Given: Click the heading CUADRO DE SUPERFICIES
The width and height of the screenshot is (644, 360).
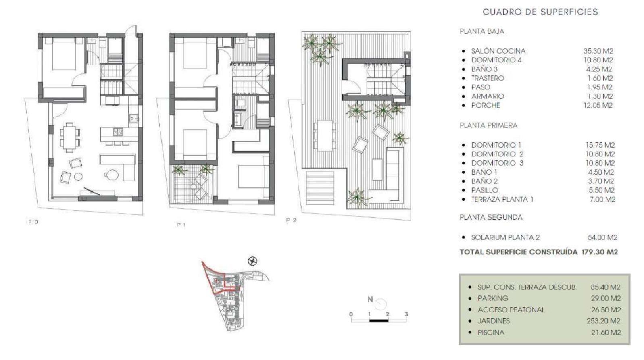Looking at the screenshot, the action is coord(540,12).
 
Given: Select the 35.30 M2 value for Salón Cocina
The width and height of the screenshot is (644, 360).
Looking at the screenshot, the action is coord(598,51).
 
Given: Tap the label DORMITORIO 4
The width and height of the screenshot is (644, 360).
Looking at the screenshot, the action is coord(496,60).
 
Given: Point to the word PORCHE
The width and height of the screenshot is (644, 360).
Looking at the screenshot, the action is coord(486,106).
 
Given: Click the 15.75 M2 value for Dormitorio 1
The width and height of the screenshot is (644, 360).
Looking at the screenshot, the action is coord(600,145).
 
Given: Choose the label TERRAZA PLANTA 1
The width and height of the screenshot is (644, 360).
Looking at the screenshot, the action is coord(502,200).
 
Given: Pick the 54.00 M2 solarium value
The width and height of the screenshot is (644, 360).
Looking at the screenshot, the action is coord(602,237).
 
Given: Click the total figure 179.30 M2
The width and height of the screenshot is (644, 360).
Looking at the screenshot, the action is coord(600,252).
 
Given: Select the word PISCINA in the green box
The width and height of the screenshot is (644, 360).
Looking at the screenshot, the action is coord(491,333).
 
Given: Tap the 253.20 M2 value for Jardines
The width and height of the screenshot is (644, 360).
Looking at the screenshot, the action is coord(603,321).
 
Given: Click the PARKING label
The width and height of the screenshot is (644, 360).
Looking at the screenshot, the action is coord(493,298).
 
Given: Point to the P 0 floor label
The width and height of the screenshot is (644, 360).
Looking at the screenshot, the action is coord(33,222).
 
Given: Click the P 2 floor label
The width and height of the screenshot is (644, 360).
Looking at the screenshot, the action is coord(291,220).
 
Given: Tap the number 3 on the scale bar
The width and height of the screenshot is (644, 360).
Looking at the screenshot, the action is coord(406,314).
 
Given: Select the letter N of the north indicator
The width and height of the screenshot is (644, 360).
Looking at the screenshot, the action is coord(370,300).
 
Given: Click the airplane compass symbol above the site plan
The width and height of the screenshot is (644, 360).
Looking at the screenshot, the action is coord(252,261).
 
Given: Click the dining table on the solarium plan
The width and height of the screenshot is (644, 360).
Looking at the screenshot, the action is coord(325,135).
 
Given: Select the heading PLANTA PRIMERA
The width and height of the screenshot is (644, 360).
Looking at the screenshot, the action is coord(488,125).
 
